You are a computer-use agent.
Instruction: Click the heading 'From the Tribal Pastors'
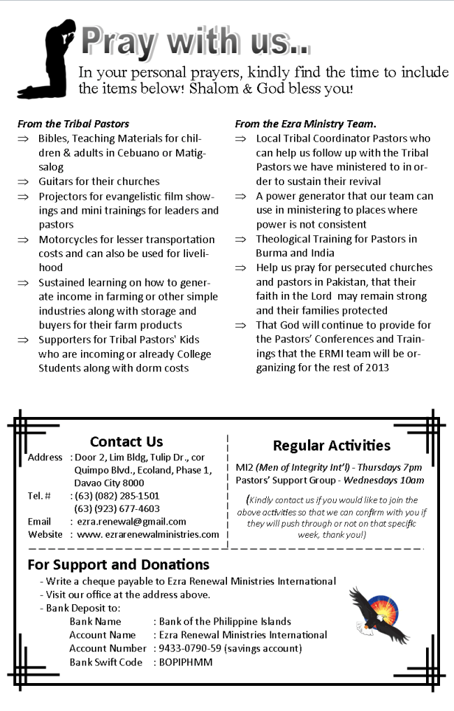[x=73, y=124]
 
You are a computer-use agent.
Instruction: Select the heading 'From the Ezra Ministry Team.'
[x=306, y=124]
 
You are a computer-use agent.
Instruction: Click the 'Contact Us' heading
[x=126, y=441]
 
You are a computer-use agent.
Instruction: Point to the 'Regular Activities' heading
[x=331, y=446]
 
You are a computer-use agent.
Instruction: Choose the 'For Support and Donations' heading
[x=119, y=564]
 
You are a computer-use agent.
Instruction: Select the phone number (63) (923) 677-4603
[x=117, y=508]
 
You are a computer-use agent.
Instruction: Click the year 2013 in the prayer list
[x=376, y=367]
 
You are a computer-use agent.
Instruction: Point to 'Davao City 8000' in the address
[x=109, y=483]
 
